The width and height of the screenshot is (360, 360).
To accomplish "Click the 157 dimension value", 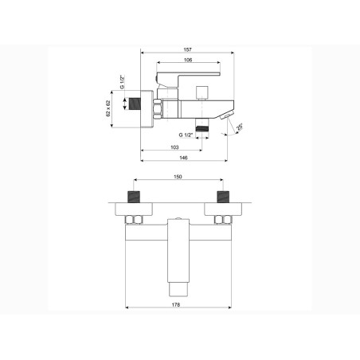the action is coord(187,49).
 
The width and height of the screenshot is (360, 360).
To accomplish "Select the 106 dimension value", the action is coord(188,60).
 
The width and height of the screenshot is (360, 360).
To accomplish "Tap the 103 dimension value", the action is coord(174,147).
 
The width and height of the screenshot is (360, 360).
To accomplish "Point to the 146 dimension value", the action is coord(183,158).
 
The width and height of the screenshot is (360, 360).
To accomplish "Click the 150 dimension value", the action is coord(178,177).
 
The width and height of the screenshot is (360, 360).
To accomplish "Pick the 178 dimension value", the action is coord(176,304).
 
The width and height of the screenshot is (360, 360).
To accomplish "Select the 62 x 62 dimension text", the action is coord(108,108).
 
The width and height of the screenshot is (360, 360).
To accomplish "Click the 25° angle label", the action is coord(239,127).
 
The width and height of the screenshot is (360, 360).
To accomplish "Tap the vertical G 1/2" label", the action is coord(122,82).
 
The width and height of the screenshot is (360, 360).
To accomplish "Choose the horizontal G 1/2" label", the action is coord(186,135).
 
